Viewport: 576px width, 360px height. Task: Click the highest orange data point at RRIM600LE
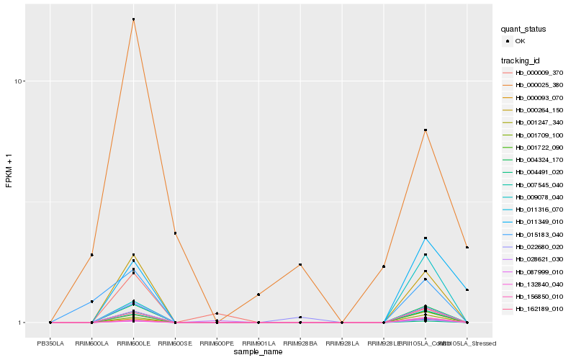point(133,19)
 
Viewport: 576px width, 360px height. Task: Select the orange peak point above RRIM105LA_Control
point(426,130)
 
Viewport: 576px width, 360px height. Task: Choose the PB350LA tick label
point(50,343)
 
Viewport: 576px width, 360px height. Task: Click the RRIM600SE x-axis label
point(175,343)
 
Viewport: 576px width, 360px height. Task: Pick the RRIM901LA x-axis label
point(258,343)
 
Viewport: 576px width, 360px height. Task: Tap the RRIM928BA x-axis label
point(300,343)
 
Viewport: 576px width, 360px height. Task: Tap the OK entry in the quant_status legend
point(518,41)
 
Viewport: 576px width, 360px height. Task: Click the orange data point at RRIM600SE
point(175,233)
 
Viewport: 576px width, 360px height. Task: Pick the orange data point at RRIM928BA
point(300,265)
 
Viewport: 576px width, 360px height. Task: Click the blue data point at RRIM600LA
point(92,301)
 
